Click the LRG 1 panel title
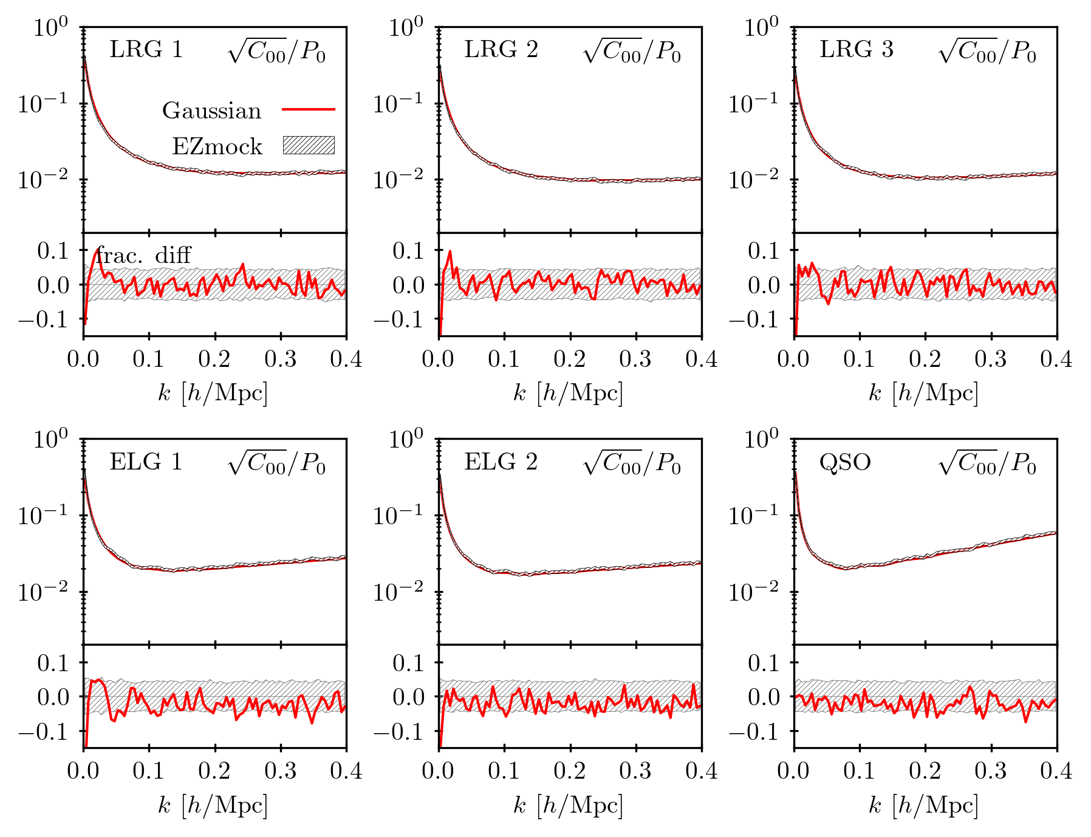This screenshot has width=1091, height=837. coord(146,50)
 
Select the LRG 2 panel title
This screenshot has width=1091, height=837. coord(501,50)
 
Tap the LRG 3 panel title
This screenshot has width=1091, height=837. coord(857,50)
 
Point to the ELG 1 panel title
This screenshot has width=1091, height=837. coord(146,462)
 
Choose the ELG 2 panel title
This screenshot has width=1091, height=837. coord(501,462)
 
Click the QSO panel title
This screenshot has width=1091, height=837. coord(845,463)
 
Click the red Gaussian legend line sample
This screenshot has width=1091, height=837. coord(309,110)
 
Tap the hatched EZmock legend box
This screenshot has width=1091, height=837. coord(309,145)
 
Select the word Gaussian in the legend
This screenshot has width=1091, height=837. coord(211,111)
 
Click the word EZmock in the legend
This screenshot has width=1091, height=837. coord(217,146)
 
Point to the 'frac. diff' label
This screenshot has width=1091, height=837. coord(144,255)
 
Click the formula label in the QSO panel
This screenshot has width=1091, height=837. coord(987,464)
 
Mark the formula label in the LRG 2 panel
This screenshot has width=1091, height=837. coord(632,52)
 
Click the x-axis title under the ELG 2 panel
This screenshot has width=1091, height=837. coord(568,805)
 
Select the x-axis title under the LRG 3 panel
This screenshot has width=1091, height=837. coord(923,394)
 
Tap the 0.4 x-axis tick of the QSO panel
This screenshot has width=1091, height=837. coord(1056,771)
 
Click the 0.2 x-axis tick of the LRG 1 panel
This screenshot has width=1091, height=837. coord(214,359)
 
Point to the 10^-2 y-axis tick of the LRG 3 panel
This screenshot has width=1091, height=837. coord(753,180)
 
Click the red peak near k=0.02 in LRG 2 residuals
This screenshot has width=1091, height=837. coord(450,251)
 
